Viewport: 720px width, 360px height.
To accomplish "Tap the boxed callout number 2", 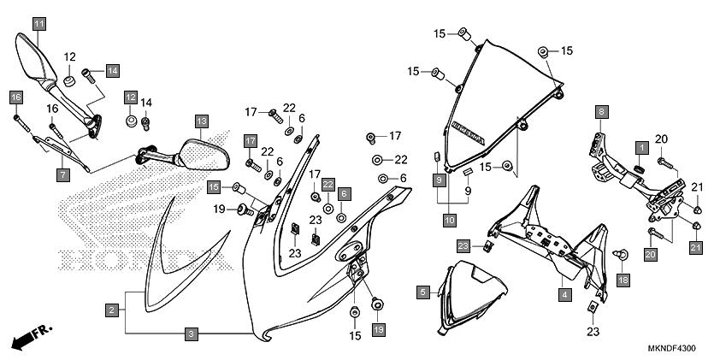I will click(x=112, y=310).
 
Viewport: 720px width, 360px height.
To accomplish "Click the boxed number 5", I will click(x=423, y=292).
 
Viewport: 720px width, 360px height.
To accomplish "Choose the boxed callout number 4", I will click(x=564, y=295).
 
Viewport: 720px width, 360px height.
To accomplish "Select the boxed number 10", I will click(x=449, y=221).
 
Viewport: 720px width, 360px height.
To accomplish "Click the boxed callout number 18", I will click(x=623, y=280).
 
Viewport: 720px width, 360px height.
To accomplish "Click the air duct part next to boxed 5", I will click(x=466, y=302).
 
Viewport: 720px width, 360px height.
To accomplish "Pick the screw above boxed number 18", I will click(x=623, y=254).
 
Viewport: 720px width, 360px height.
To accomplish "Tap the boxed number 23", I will click(x=463, y=246).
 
